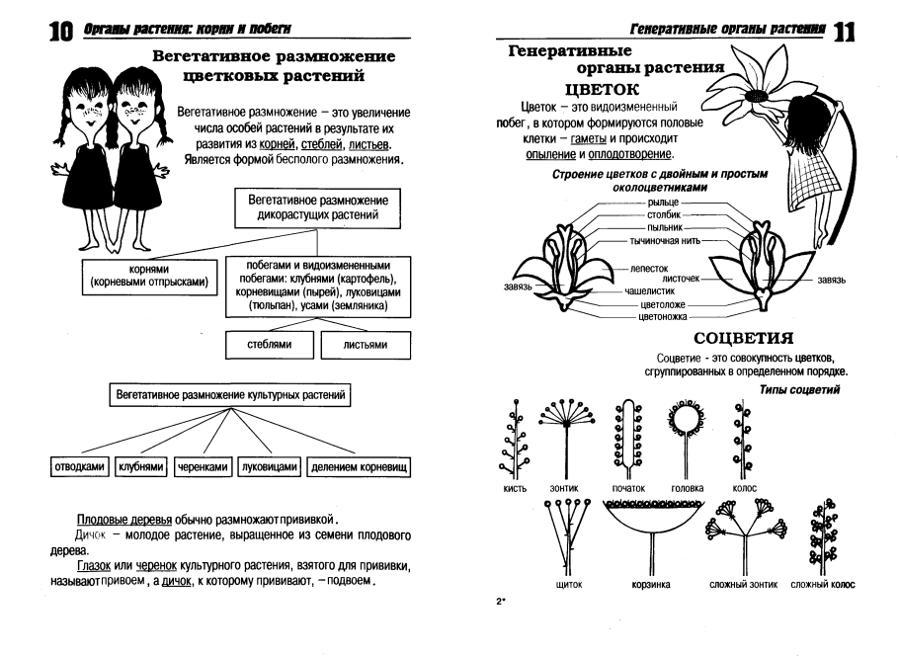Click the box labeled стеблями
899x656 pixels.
[x=268, y=345]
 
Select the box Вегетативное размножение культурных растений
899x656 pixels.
[x=230, y=394]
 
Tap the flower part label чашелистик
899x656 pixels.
[x=648, y=292]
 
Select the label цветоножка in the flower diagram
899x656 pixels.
[x=665, y=317]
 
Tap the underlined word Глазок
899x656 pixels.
[x=95, y=564]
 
